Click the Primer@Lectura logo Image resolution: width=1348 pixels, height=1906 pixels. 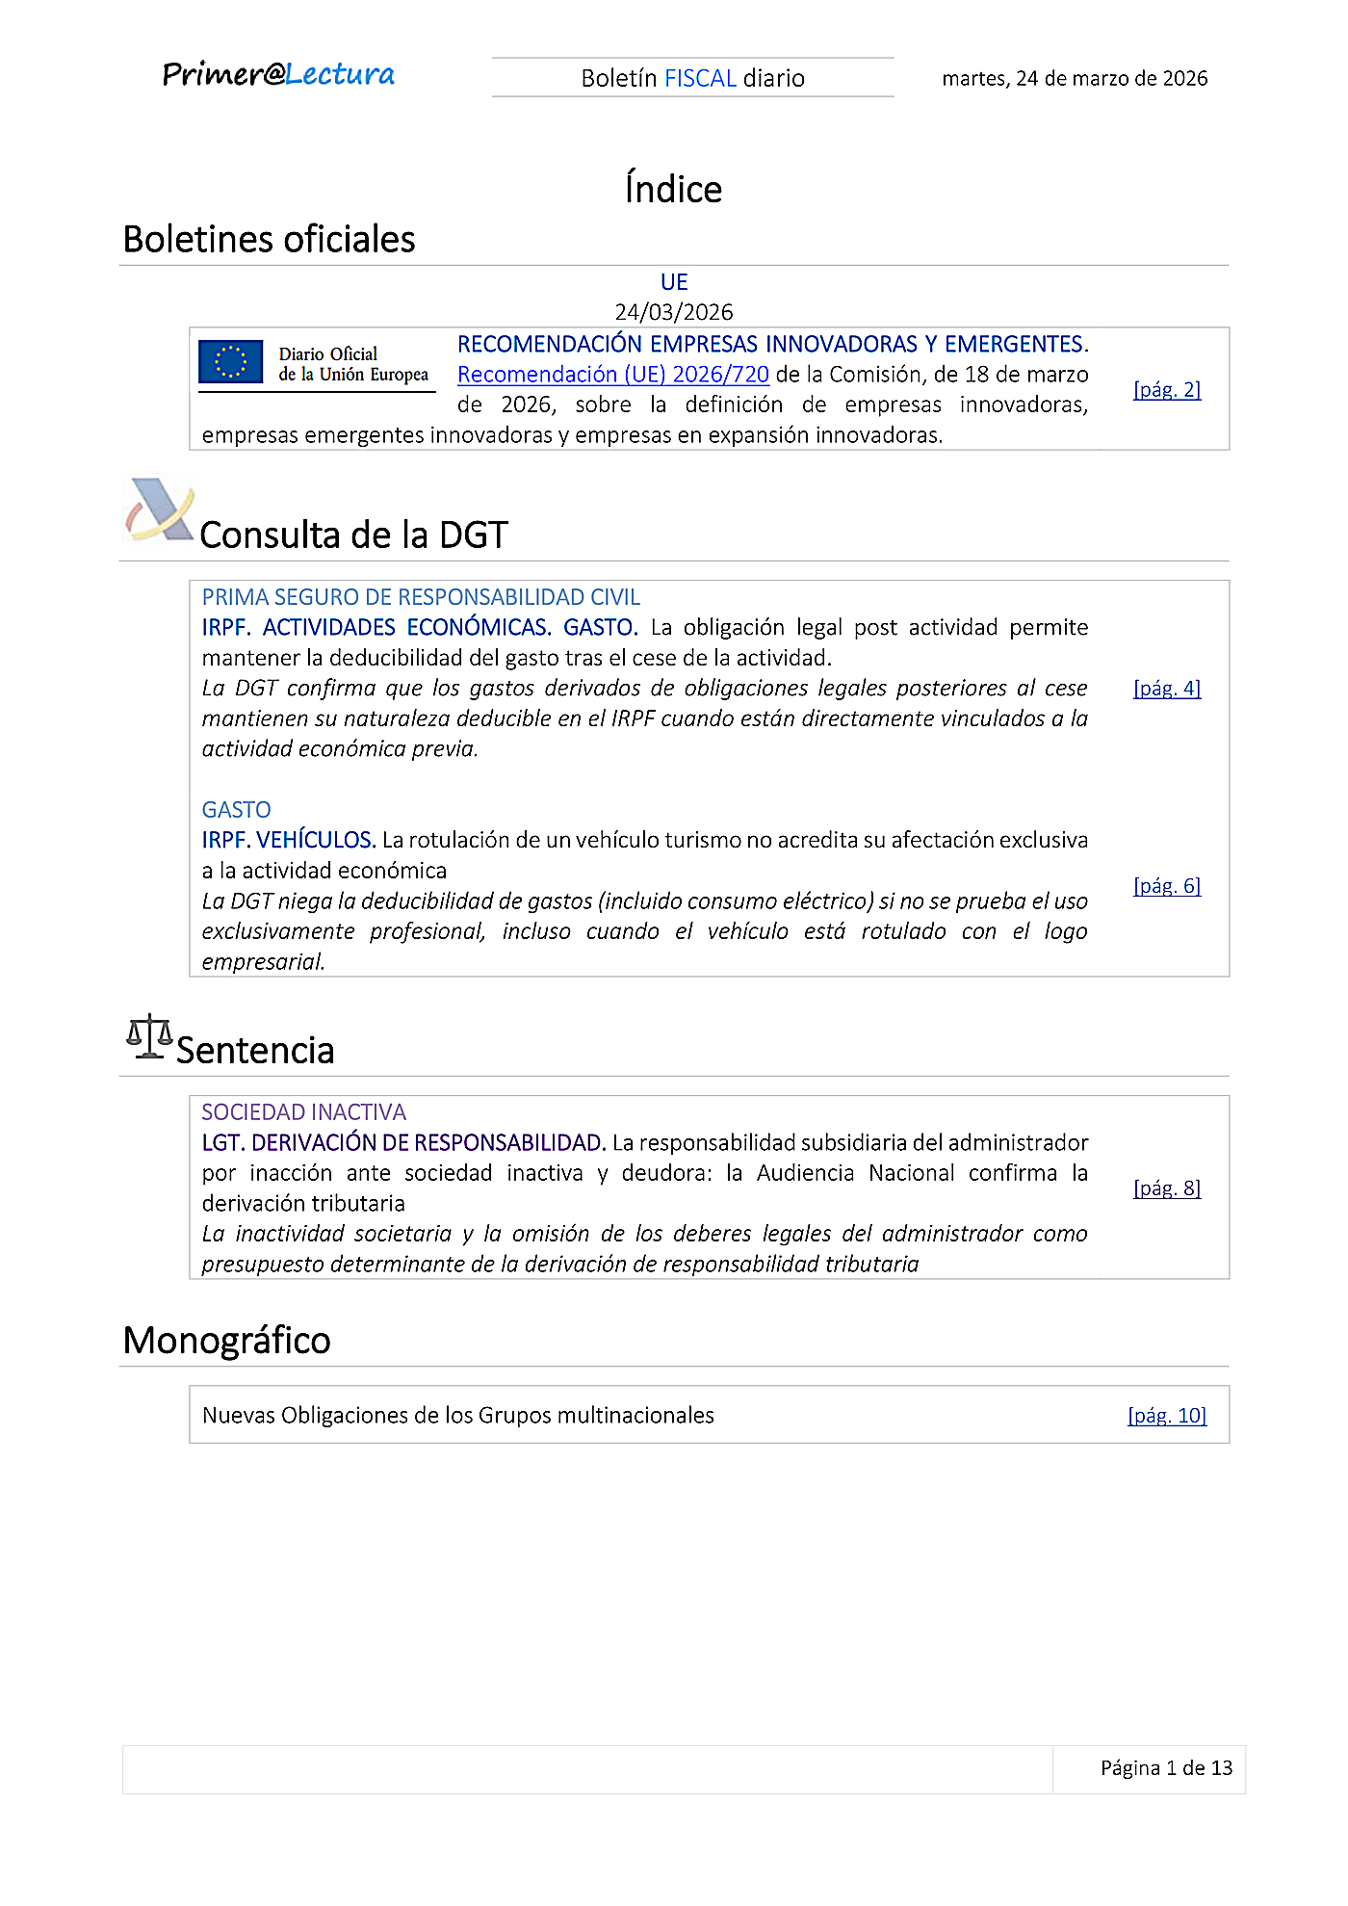click(278, 75)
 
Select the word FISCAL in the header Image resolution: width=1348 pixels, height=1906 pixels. click(700, 78)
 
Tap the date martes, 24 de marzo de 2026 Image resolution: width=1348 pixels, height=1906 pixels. click(1074, 79)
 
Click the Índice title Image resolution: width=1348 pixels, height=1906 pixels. click(673, 189)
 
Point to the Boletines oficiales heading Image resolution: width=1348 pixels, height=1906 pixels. click(269, 240)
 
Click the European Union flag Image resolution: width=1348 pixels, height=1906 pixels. click(231, 362)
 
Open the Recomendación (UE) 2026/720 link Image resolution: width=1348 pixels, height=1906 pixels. click(612, 375)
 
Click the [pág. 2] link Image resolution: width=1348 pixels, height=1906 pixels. click(1166, 389)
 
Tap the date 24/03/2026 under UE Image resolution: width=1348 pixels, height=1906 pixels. click(673, 312)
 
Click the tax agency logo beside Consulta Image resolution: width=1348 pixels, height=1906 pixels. click(159, 510)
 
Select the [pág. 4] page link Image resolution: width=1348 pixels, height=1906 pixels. click(1166, 688)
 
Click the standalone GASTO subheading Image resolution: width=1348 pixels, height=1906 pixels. click(236, 810)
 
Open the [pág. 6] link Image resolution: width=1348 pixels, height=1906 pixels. click(1166, 886)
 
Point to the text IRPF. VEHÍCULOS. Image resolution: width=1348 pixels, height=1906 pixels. click(288, 841)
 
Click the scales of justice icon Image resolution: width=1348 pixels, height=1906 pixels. click(149, 1036)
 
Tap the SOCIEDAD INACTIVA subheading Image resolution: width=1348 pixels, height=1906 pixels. click(303, 1112)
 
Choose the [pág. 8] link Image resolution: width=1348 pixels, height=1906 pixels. click(1166, 1188)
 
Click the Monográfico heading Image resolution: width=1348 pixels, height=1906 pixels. click(226, 1341)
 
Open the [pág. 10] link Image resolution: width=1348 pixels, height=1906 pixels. click(1166, 1416)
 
